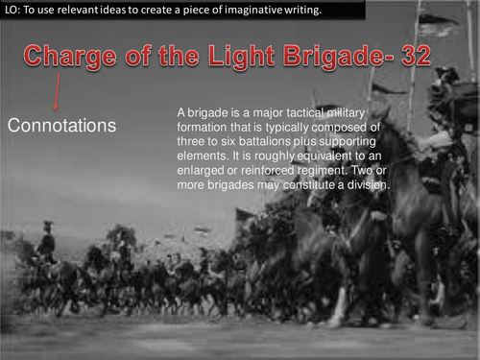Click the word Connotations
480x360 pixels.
62,126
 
